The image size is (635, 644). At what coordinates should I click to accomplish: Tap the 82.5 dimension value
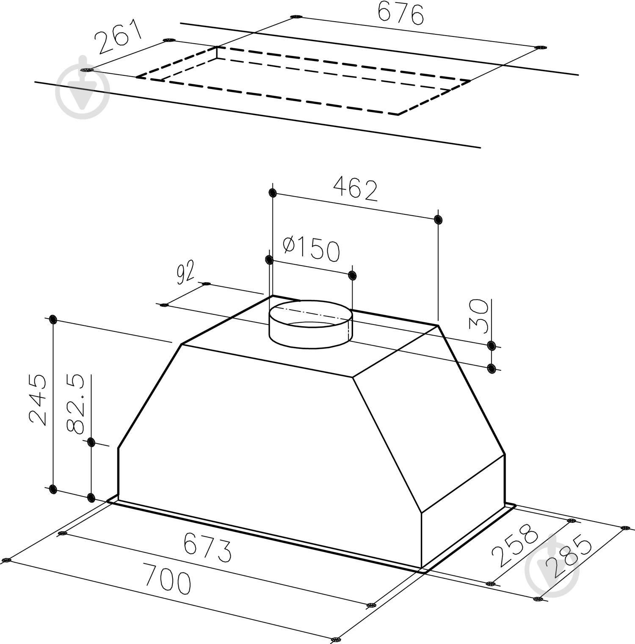(x=77, y=404)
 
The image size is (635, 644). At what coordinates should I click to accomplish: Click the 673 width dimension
(x=208, y=547)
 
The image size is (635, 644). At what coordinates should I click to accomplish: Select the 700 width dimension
(x=167, y=578)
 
